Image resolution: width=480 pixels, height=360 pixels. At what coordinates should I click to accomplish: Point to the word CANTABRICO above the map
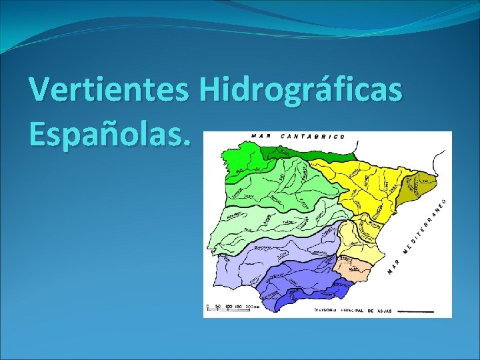tap(313, 136)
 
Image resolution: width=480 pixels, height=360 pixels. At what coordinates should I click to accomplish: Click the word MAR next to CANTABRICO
tap(261, 136)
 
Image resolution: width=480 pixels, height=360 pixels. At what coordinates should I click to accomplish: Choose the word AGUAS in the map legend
tap(381, 310)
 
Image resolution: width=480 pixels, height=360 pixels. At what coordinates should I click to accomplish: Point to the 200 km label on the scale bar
tap(251, 307)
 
